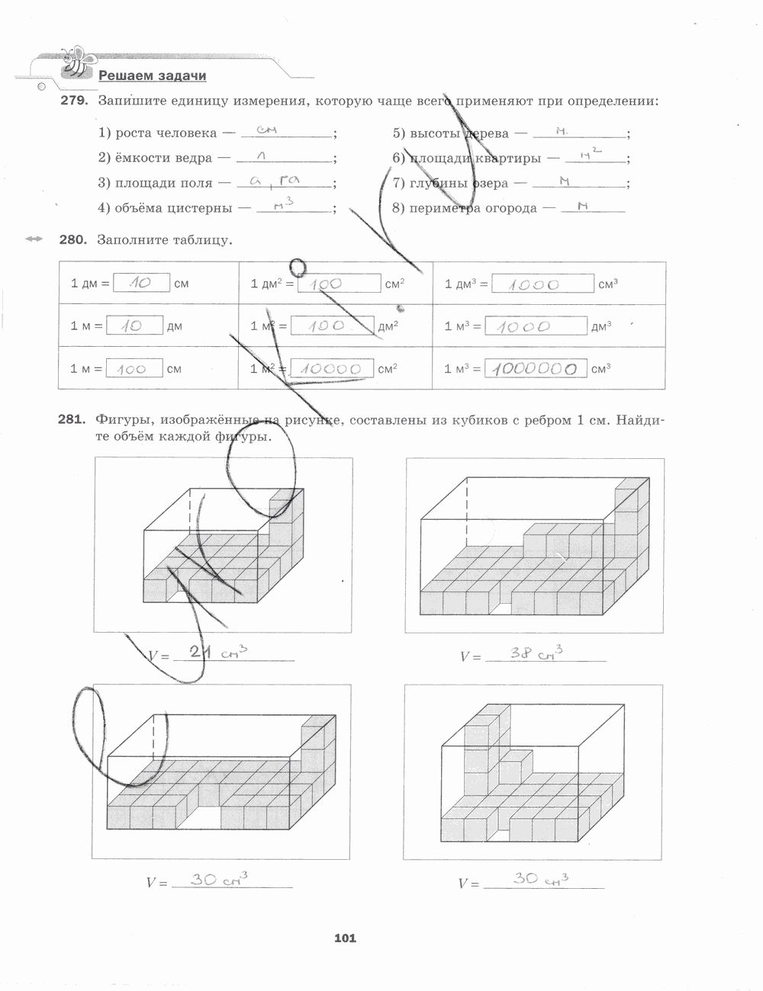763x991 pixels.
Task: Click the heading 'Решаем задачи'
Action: (x=153, y=75)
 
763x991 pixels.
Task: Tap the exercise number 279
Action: (x=75, y=101)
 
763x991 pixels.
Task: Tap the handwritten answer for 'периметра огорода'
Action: (x=582, y=206)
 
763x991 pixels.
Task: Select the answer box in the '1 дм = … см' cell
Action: (x=141, y=283)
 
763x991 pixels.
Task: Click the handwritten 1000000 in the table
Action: (x=534, y=369)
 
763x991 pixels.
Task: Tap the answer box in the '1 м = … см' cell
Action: (x=134, y=369)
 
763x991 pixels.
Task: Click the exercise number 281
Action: (x=75, y=419)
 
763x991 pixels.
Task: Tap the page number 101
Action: (x=345, y=938)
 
